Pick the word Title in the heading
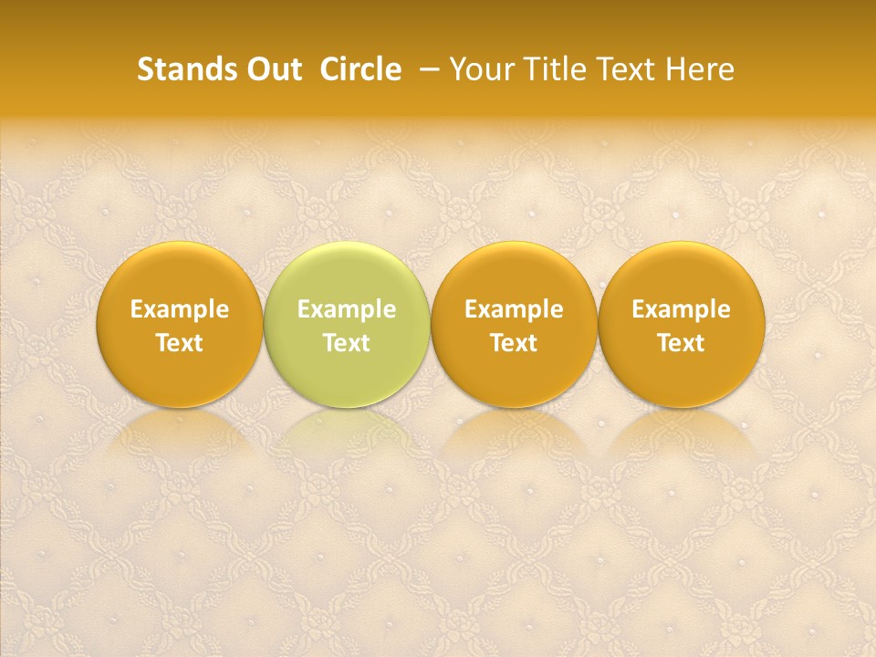[x=546, y=69]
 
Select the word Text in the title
[x=620, y=69]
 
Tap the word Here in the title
[x=699, y=69]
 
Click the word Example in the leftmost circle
[x=179, y=309]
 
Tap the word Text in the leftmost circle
[x=179, y=343]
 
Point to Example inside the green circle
[x=347, y=309]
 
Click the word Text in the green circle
[x=347, y=343]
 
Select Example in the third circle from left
[x=514, y=309]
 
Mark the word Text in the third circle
[x=514, y=343]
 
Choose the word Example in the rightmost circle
[x=682, y=309]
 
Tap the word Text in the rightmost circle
[x=682, y=343]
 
